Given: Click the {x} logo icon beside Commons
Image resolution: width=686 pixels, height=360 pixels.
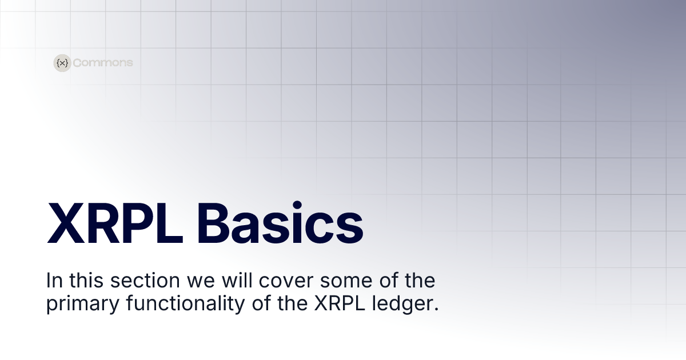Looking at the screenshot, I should pos(62,63).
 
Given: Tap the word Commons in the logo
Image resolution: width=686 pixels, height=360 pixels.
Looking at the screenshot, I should pos(103,63).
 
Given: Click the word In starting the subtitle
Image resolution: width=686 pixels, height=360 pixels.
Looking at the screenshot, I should pos(53,281).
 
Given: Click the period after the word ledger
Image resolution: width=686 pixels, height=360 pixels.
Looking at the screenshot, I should pos(436,309).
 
